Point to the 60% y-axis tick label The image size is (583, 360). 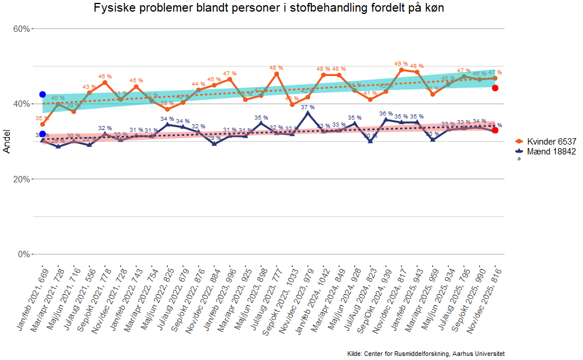[21, 29]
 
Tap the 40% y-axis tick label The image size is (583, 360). [21, 104]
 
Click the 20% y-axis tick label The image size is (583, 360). [21, 179]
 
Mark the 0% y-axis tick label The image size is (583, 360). [24, 254]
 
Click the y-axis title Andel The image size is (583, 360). [7, 142]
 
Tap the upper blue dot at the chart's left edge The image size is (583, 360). [42, 94]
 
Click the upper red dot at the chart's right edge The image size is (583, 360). [495, 88]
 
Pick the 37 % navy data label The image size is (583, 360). [308, 107]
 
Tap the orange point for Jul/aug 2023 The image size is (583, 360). [276, 74]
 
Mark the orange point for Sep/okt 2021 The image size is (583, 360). [105, 82]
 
